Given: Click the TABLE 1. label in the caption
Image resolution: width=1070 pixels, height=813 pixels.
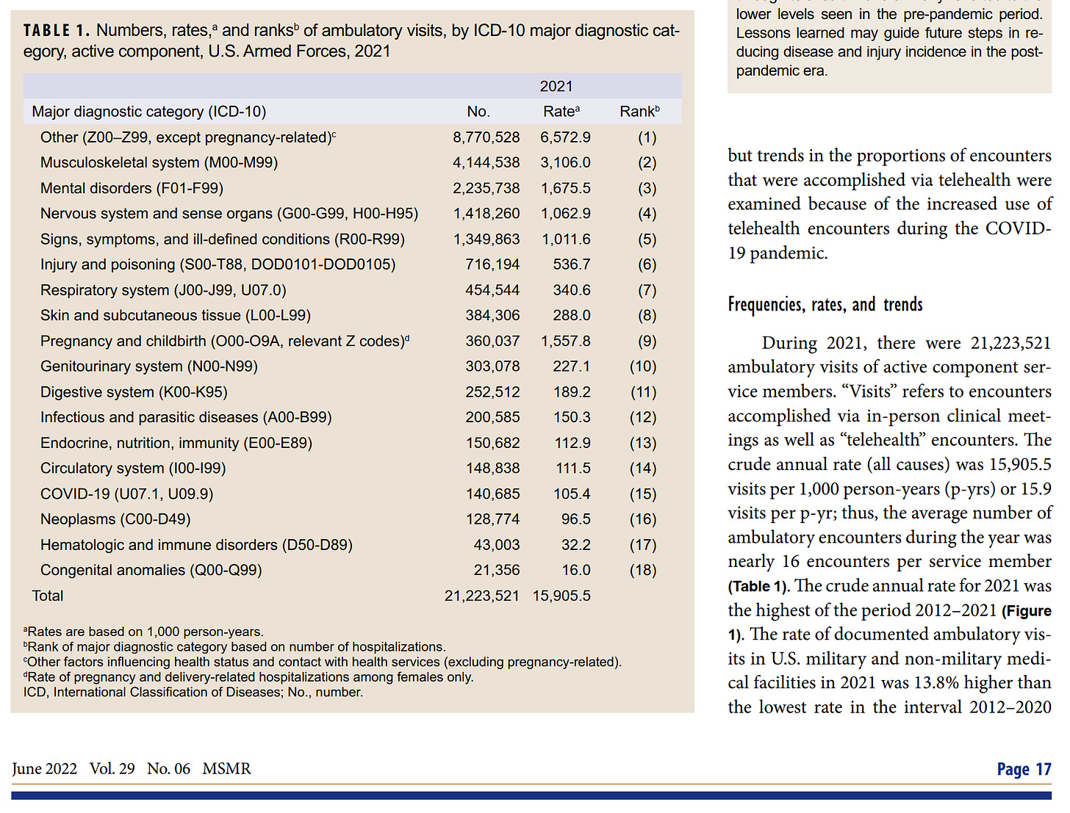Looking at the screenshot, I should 56,31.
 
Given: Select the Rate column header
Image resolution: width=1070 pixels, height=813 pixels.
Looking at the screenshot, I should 561,112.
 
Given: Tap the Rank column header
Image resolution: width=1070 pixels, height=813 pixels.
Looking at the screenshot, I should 639,112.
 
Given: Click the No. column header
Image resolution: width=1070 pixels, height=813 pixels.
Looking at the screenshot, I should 478,112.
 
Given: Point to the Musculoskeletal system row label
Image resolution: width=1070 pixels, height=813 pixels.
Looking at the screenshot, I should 159,162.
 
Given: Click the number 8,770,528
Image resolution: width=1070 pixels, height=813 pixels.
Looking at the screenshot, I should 486,137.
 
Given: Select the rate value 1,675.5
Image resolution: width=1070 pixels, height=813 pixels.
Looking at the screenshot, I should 565,188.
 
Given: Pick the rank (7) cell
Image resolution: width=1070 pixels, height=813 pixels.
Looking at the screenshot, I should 647,290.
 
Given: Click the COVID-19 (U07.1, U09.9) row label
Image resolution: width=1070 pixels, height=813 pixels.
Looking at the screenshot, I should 126,494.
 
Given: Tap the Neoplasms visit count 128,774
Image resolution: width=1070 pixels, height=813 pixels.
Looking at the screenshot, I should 492,519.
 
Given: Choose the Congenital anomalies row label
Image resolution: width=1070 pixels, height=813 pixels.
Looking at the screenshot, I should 151,570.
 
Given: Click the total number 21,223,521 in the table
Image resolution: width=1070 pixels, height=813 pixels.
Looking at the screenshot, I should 481,596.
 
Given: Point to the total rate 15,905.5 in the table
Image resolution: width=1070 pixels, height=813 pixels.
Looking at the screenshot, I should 561,596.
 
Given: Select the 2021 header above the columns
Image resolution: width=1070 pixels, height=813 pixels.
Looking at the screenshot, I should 556,87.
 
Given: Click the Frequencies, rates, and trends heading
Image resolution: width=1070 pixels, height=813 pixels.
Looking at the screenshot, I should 825,305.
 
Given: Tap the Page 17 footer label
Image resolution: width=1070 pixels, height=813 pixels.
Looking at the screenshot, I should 1024,769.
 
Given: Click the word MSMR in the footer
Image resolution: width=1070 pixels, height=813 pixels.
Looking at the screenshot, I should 226,769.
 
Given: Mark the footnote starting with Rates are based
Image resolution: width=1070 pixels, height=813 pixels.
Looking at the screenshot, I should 144,632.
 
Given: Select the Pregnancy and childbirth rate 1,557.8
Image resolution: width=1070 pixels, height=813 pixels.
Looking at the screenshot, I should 565,341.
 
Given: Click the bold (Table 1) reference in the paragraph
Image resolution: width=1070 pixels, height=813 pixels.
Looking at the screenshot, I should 759,586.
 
